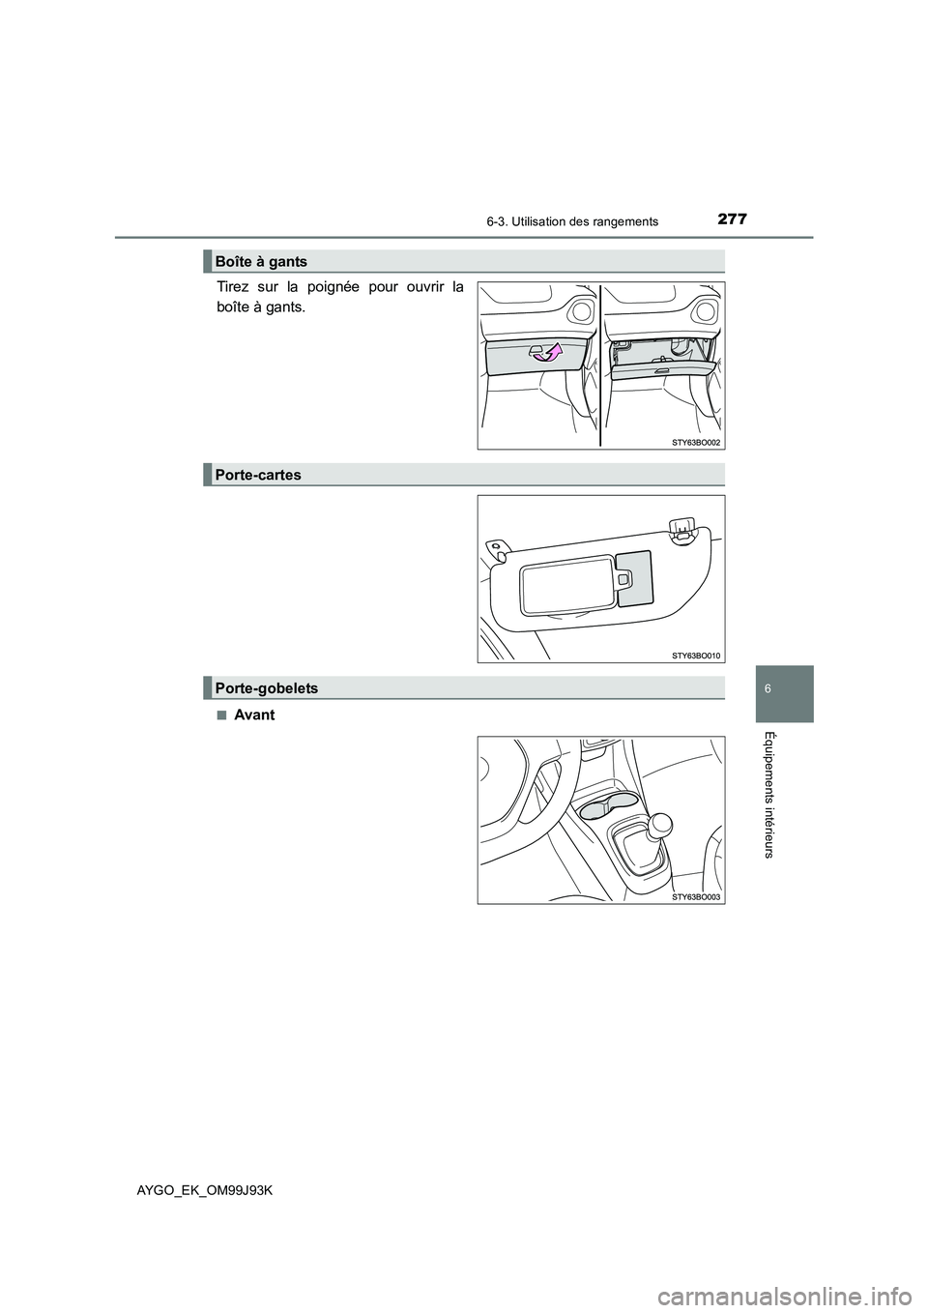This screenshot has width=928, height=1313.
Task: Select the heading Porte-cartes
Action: [257, 475]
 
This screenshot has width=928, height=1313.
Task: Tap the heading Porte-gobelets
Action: [265, 687]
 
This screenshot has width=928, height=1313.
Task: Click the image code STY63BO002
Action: [696, 441]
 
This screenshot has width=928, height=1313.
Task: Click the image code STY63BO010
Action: [696, 655]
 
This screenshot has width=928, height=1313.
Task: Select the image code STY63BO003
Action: [696, 897]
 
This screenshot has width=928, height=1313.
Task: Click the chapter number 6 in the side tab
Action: [781, 694]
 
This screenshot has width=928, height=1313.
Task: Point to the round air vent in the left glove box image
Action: [581, 310]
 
